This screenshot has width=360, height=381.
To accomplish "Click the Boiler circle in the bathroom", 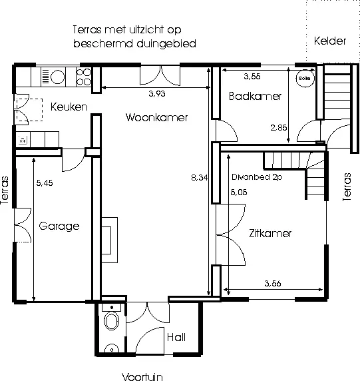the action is [x=305, y=78].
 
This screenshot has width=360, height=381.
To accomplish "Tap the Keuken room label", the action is [x=69, y=107].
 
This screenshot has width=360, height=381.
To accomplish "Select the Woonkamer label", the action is [x=156, y=118].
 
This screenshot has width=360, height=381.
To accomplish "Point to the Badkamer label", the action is [x=255, y=96].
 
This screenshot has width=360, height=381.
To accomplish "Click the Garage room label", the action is [x=59, y=226].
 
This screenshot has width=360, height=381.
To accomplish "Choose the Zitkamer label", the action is [x=270, y=233].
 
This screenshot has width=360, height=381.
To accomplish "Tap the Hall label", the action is [x=176, y=337].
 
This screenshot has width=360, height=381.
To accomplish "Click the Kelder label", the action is [x=330, y=41].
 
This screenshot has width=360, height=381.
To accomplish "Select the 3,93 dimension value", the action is [x=157, y=93].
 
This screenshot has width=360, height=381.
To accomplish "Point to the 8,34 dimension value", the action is [x=200, y=178].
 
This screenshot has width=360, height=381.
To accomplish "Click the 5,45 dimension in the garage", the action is [x=45, y=183].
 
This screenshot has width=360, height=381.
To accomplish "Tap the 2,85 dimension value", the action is [x=279, y=128].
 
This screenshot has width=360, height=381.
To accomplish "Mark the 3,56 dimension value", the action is [x=273, y=283].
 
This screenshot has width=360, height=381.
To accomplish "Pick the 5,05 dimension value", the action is [x=239, y=192].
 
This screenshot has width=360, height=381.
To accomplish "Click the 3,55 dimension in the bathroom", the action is [x=252, y=77].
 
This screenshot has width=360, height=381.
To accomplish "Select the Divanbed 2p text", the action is [x=257, y=177].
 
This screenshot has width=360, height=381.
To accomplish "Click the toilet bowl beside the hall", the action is [x=112, y=321].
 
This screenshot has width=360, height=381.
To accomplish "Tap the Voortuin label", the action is [x=142, y=376].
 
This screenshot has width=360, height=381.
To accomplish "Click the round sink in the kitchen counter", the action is [x=57, y=77].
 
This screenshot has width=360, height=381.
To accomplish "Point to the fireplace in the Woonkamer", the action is [x=110, y=240].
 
